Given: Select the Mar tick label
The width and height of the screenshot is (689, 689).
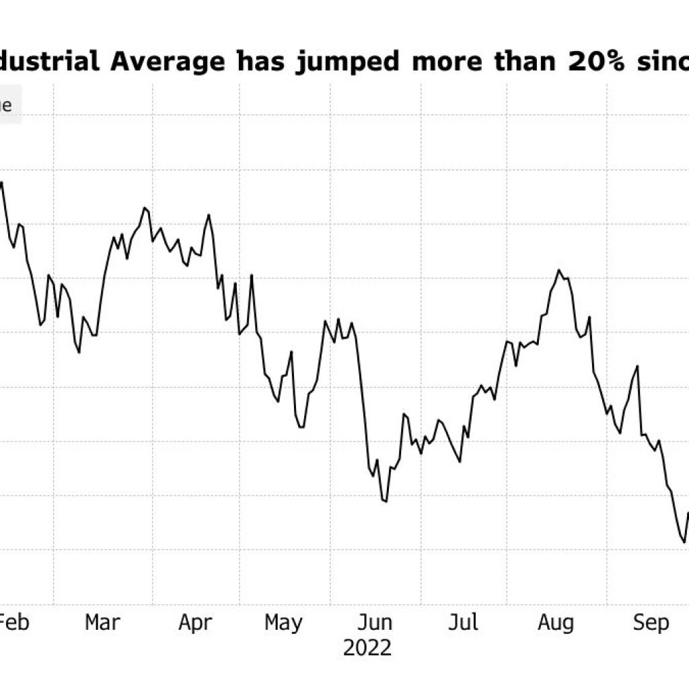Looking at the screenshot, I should tap(102, 622).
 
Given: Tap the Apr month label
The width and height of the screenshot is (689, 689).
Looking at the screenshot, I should tap(195, 622).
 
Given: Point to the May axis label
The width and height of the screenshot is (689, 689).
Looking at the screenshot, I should tap(283, 623).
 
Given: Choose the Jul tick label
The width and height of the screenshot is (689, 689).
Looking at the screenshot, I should tap(464, 622).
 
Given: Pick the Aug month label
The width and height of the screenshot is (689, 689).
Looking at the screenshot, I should tap(556, 623).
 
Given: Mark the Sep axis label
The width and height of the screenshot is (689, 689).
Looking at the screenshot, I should tap(651, 623).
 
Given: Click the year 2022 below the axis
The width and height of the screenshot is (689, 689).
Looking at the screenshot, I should tap(367, 648).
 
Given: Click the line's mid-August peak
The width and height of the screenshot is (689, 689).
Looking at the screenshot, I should tap(558, 270).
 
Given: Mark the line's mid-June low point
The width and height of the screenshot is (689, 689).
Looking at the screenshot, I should tap(386, 501).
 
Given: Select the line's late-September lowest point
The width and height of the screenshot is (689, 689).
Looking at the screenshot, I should tap(684, 542).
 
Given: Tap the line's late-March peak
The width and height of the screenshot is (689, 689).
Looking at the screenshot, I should tap(144, 208).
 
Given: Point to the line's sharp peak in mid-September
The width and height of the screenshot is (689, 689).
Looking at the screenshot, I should tap(637, 366).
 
